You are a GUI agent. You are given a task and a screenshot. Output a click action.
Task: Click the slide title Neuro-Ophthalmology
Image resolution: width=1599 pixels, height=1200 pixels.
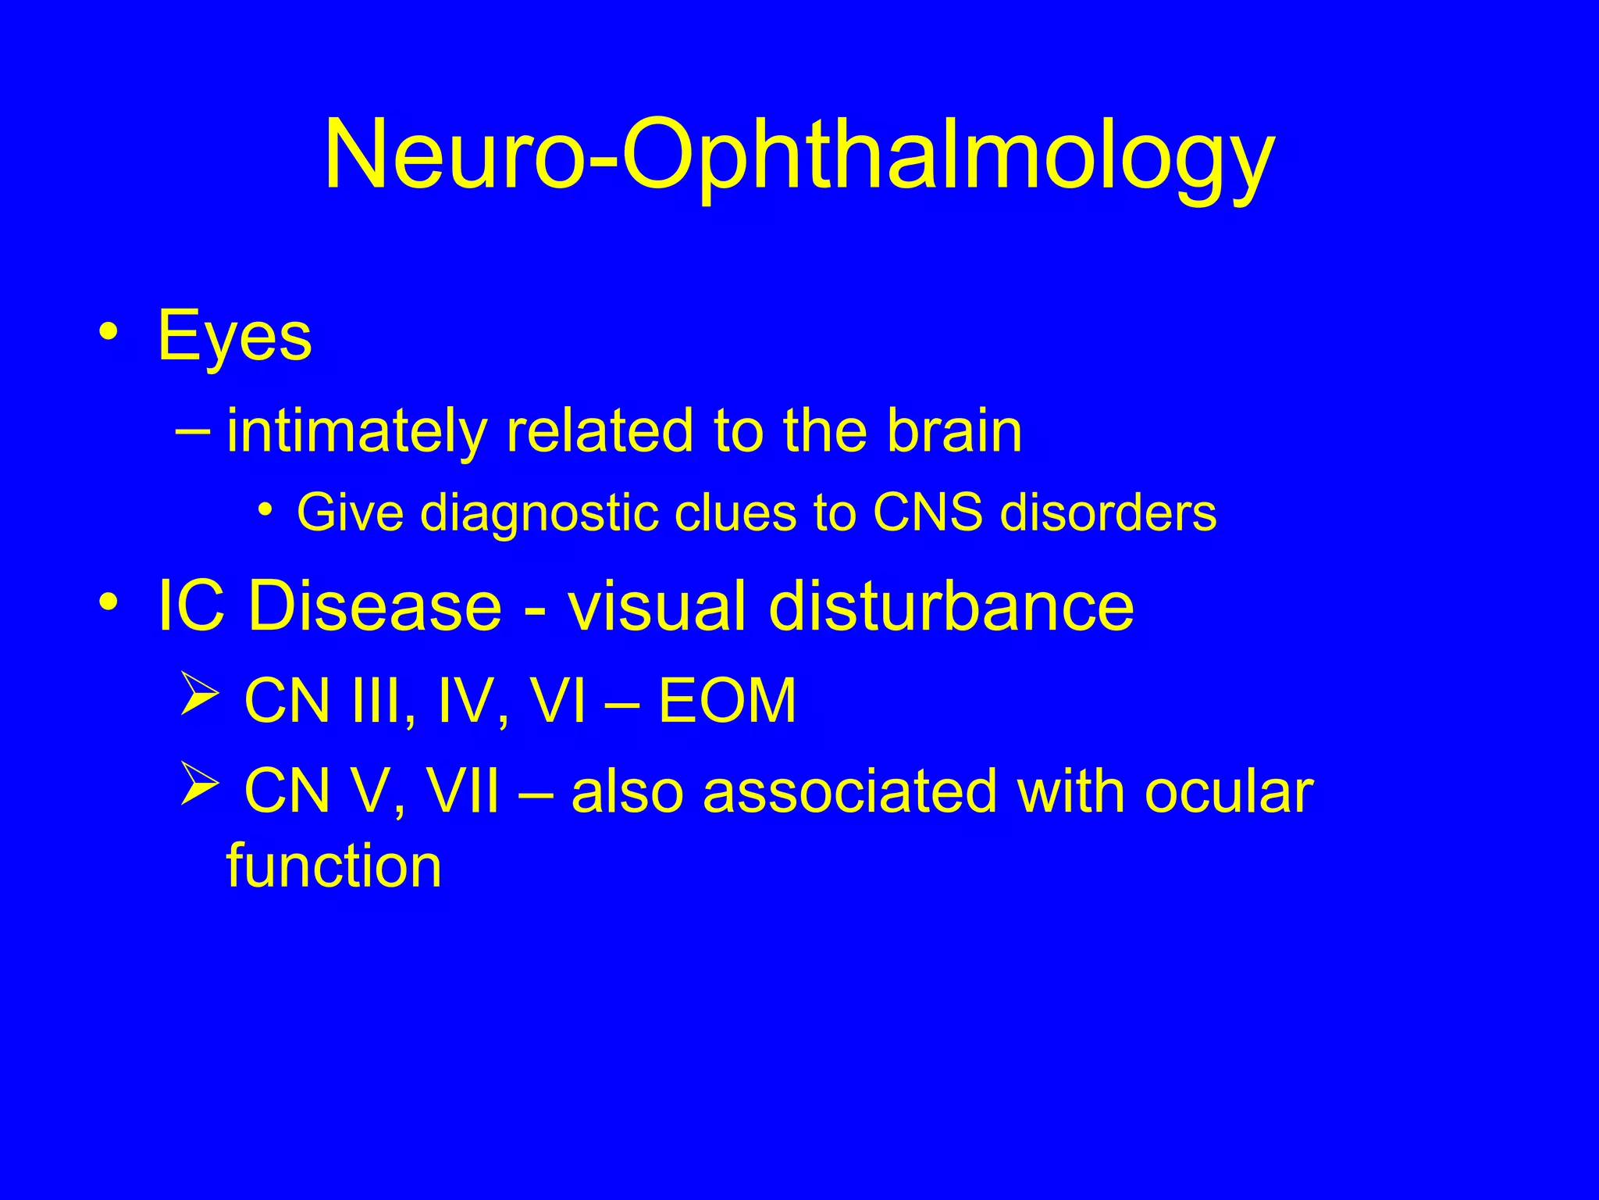[799, 156]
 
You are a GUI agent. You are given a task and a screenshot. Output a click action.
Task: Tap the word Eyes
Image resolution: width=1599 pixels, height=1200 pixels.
[234, 337]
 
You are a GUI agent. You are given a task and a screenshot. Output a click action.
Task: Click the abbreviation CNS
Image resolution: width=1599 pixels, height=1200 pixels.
[928, 514]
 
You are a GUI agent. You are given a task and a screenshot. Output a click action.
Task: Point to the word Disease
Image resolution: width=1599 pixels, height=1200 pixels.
[375, 606]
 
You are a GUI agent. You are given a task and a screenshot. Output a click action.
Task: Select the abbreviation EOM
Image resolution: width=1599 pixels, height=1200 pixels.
[727, 701]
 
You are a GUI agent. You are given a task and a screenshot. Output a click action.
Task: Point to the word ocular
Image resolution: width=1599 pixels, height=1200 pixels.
[1229, 791]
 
